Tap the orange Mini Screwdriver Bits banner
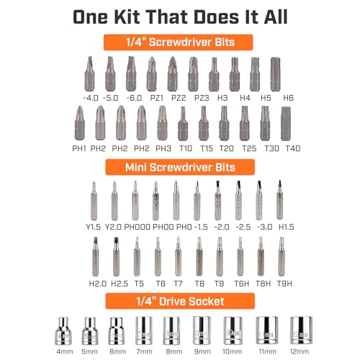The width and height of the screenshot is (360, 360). (180, 167)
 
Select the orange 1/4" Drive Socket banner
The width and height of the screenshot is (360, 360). (180, 301)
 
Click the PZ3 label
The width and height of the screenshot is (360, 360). (202, 98)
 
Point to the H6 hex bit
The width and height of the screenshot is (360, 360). (275, 74)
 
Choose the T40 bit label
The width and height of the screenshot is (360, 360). (293, 148)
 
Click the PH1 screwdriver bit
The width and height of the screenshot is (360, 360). (80, 123)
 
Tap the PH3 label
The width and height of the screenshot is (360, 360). (163, 148)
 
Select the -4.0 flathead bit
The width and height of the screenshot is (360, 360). (89, 74)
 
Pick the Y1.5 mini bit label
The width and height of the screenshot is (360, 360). (94, 227)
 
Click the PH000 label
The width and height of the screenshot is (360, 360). (138, 227)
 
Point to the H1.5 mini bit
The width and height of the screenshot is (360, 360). (279, 200)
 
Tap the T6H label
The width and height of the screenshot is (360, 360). (242, 284)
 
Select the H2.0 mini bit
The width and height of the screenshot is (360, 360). (96, 256)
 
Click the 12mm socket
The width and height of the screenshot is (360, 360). (301, 330)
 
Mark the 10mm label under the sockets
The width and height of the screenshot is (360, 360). (232, 351)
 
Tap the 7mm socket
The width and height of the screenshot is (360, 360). (144, 330)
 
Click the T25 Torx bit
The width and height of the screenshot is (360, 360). (244, 123)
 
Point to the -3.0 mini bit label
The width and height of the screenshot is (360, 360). (264, 227)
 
